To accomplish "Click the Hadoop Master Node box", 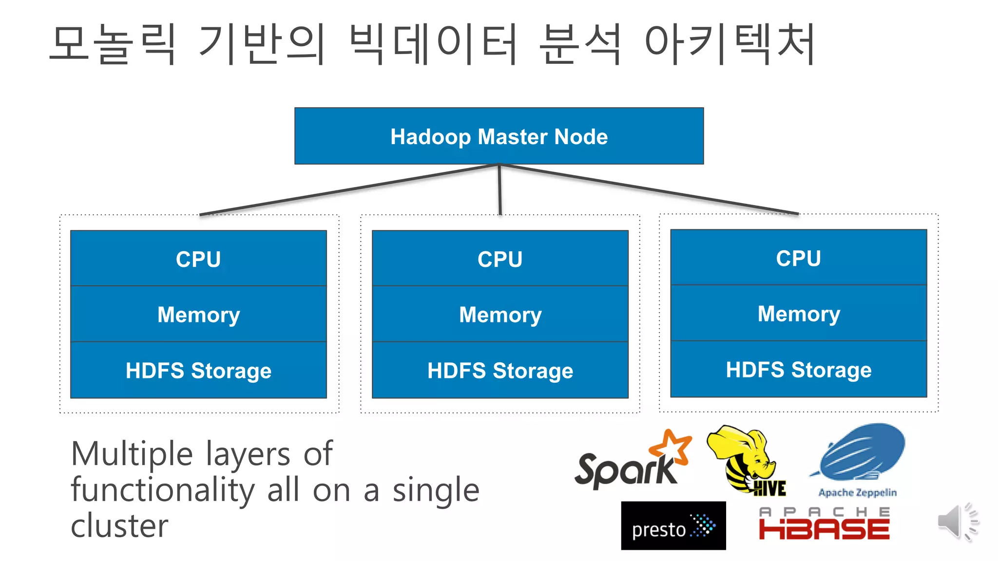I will [499, 136].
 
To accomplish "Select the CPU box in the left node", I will [198, 259].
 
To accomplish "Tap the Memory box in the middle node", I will [500, 314].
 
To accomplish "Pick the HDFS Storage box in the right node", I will [798, 369].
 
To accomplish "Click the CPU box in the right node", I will [798, 258].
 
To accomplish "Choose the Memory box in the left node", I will [198, 314].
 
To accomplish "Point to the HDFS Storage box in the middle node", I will [500, 370].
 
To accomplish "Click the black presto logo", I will [673, 526].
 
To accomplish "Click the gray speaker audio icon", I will [956, 522].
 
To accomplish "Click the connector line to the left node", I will [348, 189].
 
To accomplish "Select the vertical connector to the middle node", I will [499, 190].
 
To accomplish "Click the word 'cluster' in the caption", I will [119, 526].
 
